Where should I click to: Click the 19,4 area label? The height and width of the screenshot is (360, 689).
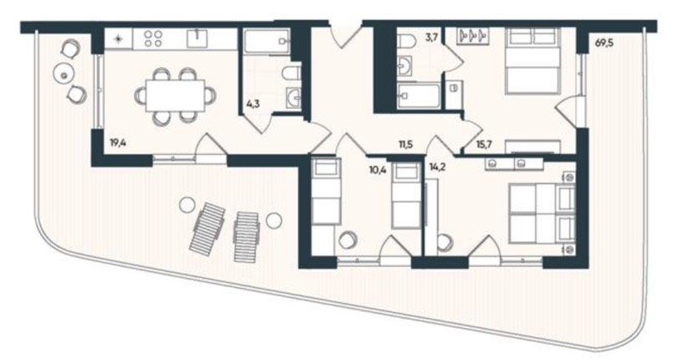click(x=118, y=142)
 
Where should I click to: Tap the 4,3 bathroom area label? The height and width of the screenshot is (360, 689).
click(x=252, y=105)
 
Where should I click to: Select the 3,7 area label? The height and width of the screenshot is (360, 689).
click(x=432, y=37)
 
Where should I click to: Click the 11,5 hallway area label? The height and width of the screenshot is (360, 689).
click(x=406, y=144)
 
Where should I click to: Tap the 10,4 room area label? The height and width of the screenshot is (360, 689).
click(x=378, y=169)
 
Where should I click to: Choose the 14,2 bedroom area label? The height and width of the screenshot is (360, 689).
click(x=437, y=167)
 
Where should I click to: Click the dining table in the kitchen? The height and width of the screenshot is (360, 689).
click(x=175, y=95)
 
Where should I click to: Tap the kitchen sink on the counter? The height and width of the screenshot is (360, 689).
click(x=198, y=39)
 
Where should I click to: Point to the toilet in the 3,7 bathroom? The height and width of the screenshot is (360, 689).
click(x=407, y=42)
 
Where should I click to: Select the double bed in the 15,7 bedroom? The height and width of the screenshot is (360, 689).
click(x=533, y=61)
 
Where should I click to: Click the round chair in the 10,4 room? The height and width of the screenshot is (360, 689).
click(x=348, y=240)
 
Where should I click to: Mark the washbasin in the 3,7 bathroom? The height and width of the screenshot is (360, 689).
click(x=404, y=66)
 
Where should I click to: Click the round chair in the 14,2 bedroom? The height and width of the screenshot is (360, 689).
click(x=445, y=243)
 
